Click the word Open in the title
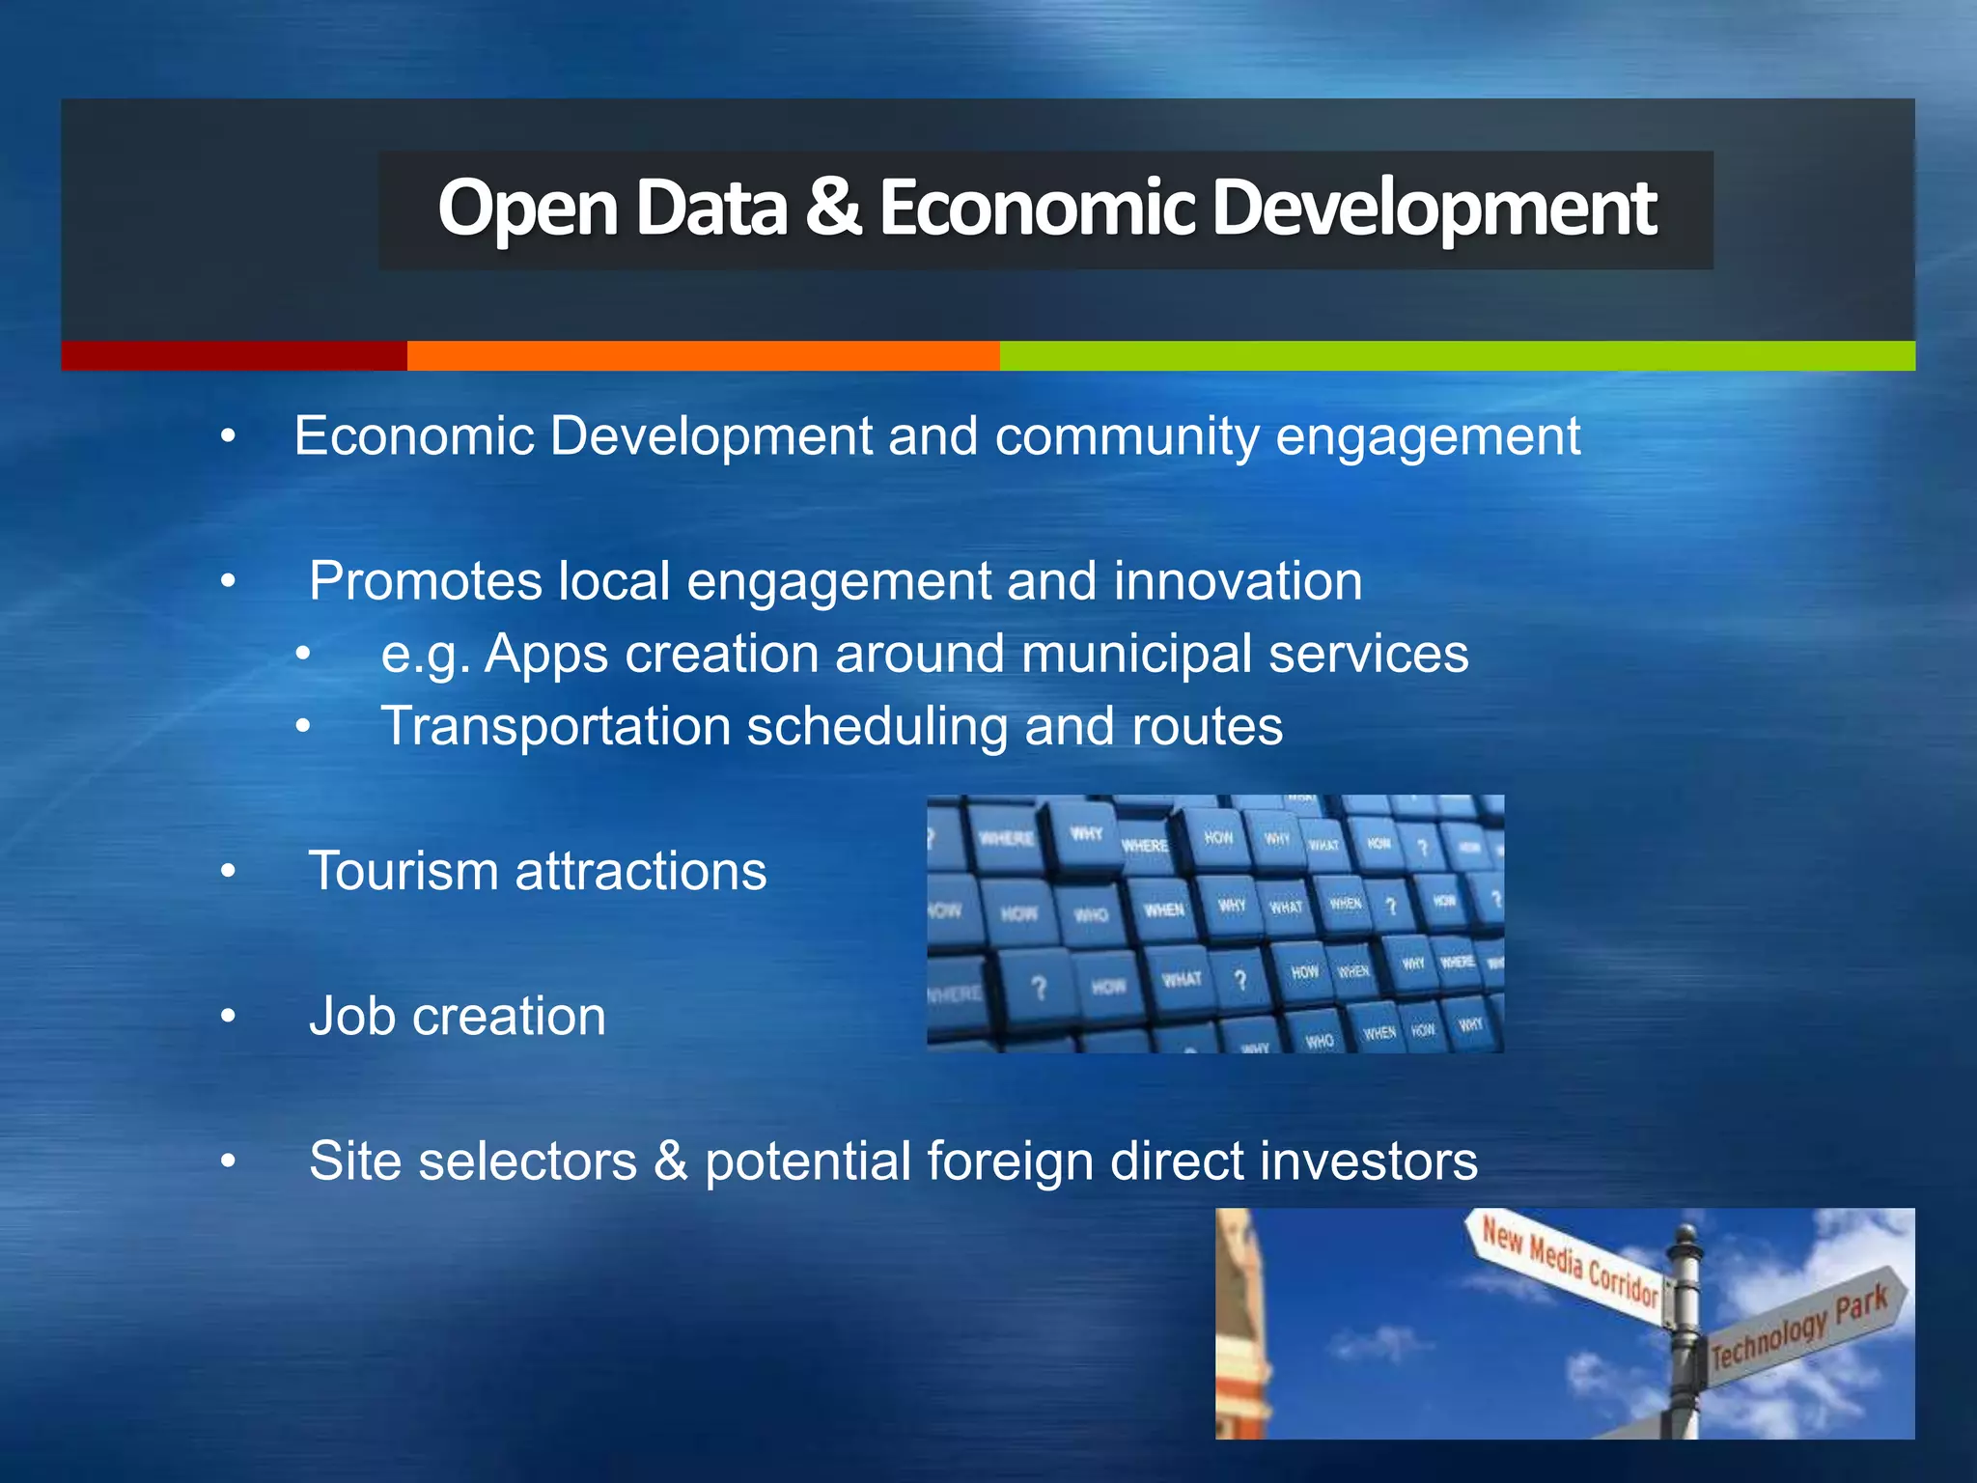pyautogui.click(x=527, y=209)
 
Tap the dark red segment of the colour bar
pyautogui.click(x=234, y=355)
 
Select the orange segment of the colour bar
pyautogui.click(x=703, y=355)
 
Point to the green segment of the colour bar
pyautogui.click(x=1457, y=355)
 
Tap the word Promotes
pyautogui.click(x=426, y=581)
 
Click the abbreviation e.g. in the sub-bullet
pyautogui.click(x=426, y=655)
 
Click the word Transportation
pyautogui.click(x=556, y=726)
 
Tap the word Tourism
pyautogui.click(x=404, y=871)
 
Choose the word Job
pyautogui.click(x=353, y=1016)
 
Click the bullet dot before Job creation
pyautogui.click(x=228, y=1016)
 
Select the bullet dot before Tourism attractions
pyautogui.click(x=228, y=871)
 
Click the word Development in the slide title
pyautogui.click(x=1434, y=209)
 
